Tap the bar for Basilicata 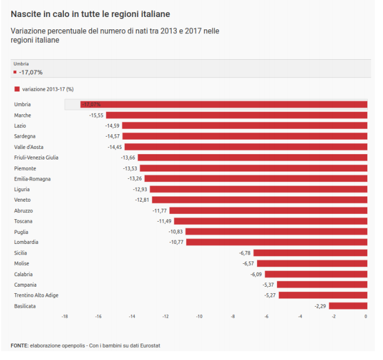[x=348, y=306]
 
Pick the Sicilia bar [x=310, y=253]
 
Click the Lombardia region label [x=26, y=242]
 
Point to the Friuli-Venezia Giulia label [x=36, y=157]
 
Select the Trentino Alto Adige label [x=36, y=295]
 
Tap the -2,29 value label [x=320, y=306]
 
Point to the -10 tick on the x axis [x=199, y=317]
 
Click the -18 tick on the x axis [x=64, y=317]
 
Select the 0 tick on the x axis [x=365, y=317]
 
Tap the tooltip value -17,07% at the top [x=30, y=72]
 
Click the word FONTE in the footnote [x=19, y=346]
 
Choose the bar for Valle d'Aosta [x=245, y=147]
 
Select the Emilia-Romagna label [x=32, y=178]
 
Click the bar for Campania [x=322, y=284]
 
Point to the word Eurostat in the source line [x=150, y=346]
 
